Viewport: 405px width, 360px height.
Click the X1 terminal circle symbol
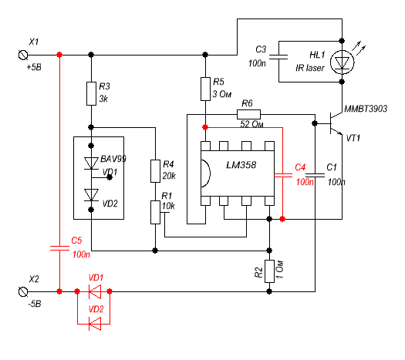point(23,55)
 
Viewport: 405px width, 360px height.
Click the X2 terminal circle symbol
point(23,291)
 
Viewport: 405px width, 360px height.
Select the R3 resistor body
point(91,94)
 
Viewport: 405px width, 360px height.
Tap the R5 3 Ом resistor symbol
point(205,89)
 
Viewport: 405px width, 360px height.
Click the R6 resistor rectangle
point(248,114)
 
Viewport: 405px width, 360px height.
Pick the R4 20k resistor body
point(155,171)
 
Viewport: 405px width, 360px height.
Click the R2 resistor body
point(269,271)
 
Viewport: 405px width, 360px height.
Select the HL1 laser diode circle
point(343,62)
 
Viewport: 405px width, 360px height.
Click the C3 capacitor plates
point(278,57)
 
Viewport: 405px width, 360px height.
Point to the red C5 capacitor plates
point(59,248)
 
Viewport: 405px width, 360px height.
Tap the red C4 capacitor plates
point(283,175)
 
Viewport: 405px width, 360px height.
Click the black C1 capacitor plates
point(316,175)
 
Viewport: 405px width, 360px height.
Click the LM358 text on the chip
point(241,165)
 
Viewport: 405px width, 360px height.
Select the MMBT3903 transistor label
point(366,109)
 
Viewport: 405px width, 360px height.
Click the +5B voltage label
point(34,67)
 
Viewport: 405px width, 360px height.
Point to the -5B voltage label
point(35,304)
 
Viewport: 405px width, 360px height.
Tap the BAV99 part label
point(113,159)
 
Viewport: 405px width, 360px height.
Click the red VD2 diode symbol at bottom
point(95,324)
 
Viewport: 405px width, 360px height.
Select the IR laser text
point(310,68)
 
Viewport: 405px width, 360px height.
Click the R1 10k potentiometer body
point(155,213)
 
